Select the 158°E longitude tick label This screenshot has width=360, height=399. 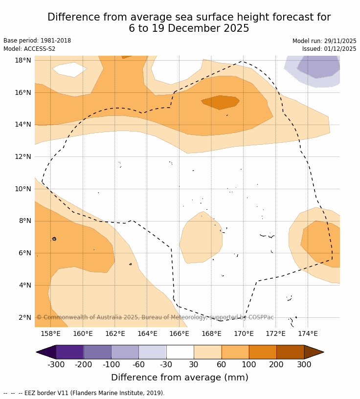pos(50,334)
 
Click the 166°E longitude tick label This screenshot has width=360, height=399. pos(179,334)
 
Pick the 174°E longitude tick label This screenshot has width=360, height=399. pos(308,334)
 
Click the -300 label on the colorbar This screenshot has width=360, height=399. pos(56,364)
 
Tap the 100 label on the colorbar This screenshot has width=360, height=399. pos(249,364)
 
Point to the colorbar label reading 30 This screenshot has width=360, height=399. pos(194,364)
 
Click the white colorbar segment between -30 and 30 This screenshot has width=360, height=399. pos(180,352)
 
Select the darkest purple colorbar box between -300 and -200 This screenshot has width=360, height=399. pos(69,352)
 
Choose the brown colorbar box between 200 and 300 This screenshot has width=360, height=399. pos(290,352)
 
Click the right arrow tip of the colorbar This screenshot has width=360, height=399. pos(322,352)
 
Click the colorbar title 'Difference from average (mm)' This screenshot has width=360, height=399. pos(180,377)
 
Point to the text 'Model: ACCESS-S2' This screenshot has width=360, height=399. pos(29,49)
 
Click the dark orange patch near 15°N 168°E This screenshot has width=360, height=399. pos(220,102)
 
